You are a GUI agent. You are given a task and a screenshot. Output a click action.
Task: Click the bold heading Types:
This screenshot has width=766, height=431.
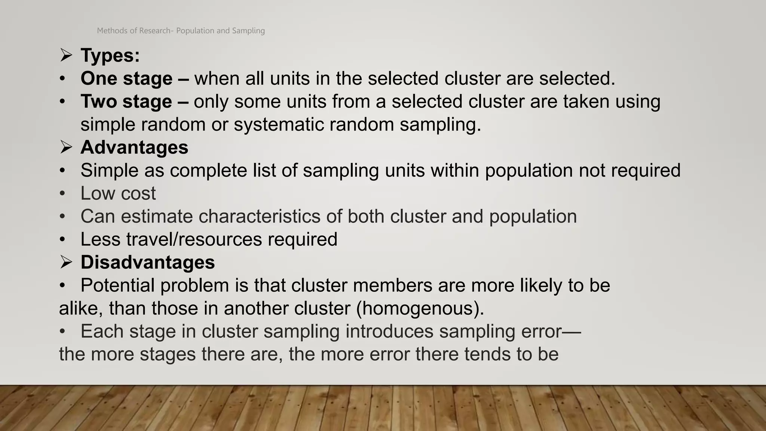(x=110, y=55)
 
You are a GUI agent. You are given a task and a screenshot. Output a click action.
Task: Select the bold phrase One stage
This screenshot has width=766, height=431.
(x=126, y=79)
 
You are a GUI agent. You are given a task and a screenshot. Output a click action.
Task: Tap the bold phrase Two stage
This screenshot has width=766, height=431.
(x=126, y=101)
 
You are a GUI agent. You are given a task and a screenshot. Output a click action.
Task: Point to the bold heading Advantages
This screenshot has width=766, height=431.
(x=134, y=147)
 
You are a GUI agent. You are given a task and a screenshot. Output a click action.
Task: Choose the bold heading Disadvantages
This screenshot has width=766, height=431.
(x=148, y=262)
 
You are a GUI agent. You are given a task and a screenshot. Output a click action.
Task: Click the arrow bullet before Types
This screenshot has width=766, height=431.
(x=66, y=55)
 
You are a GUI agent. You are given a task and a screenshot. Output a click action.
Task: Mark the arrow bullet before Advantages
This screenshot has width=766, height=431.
(x=66, y=147)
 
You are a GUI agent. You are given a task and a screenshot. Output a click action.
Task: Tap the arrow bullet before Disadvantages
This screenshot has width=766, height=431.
(x=66, y=262)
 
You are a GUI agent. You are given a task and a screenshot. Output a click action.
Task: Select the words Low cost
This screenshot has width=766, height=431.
(x=118, y=193)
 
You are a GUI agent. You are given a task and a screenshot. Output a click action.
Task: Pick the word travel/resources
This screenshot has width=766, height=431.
(x=194, y=239)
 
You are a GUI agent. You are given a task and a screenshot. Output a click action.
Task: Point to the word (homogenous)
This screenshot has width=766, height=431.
(x=420, y=309)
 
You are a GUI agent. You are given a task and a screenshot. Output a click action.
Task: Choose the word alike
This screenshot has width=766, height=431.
(x=81, y=309)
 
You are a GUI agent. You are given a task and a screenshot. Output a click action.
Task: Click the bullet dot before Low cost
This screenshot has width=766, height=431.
(x=62, y=194)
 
